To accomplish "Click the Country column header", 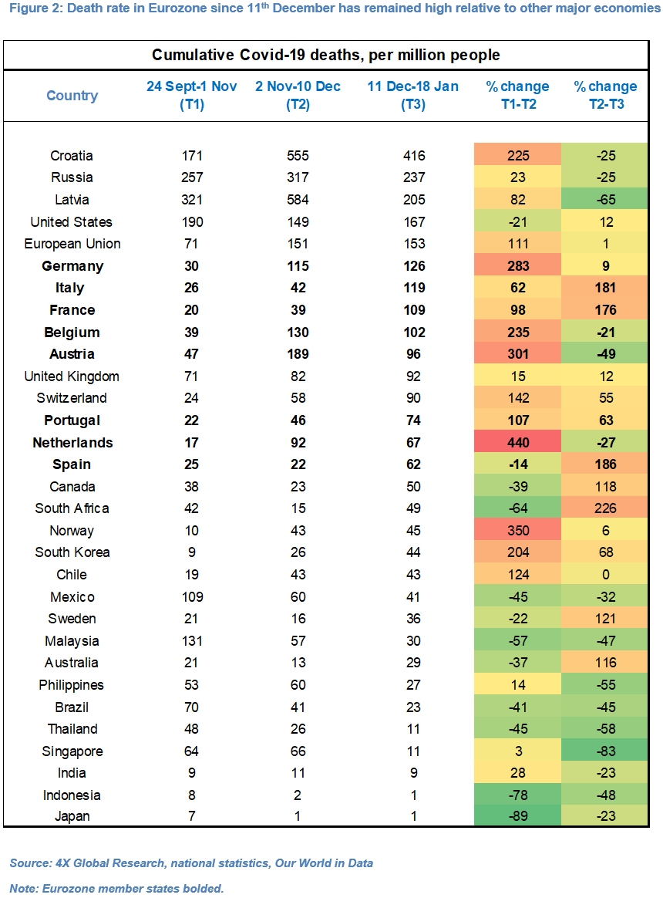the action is [x=72, y=95].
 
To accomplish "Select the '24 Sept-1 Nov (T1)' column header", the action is [x=192, y=95].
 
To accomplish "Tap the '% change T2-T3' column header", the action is [x=606, y=95].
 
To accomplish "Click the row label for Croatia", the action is [x=72, y=156].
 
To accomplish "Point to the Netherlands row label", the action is [x=72, y=443].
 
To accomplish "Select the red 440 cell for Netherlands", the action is [x=517, y=443].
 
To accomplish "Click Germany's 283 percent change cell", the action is [x=517, y=265].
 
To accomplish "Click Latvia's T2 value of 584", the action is [x=298, y=199].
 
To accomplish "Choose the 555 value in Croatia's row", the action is [x=298, y=156].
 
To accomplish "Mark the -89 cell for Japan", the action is [x=517, y=816].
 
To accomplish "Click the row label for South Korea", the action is [x=72, y=552].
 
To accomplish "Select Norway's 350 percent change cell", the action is [x=517, y=530].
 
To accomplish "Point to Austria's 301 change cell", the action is [x=517, y=354].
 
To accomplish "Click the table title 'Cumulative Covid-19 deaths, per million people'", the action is [x=326, y=55].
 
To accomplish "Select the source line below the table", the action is [x=191, y=863].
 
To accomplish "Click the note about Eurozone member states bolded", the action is [x=117, y=888].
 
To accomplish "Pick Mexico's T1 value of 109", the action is [x=193, y=597].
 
